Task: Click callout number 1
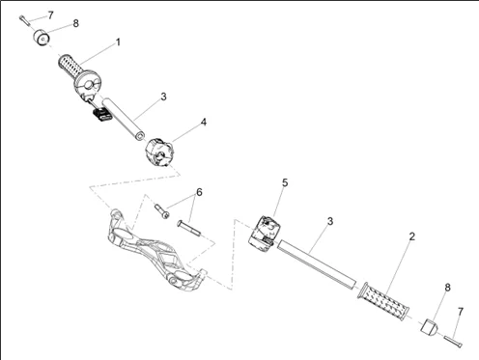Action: [x=118, y=42]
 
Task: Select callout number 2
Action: [x=412, y=236]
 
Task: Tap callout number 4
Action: [x=204, y=123]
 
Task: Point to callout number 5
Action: [x=285, y=182]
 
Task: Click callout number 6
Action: [x=200, y=192]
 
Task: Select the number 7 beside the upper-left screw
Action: [x=50, y=15]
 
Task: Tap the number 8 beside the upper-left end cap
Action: [x=75, y=23]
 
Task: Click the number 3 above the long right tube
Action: [x=330, y=221]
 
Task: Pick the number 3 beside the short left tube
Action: [x=163, y=97]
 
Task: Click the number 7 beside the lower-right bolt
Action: [x=461, y=312]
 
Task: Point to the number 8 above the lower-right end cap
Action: [x=448, y=288]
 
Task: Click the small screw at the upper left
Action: [x=24, y=20]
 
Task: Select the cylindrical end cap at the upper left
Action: [x=42, y=37]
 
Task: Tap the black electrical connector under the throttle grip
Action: [x=102, y=114]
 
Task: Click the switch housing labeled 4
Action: [x=159, y=152]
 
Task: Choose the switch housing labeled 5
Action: [x=262, y=233]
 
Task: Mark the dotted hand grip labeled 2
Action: [x=383, y=301]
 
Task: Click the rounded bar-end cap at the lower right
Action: [x=430, y=326]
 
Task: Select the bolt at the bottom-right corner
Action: [x=453, y=342]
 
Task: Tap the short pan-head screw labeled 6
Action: [x=162, y=211]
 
